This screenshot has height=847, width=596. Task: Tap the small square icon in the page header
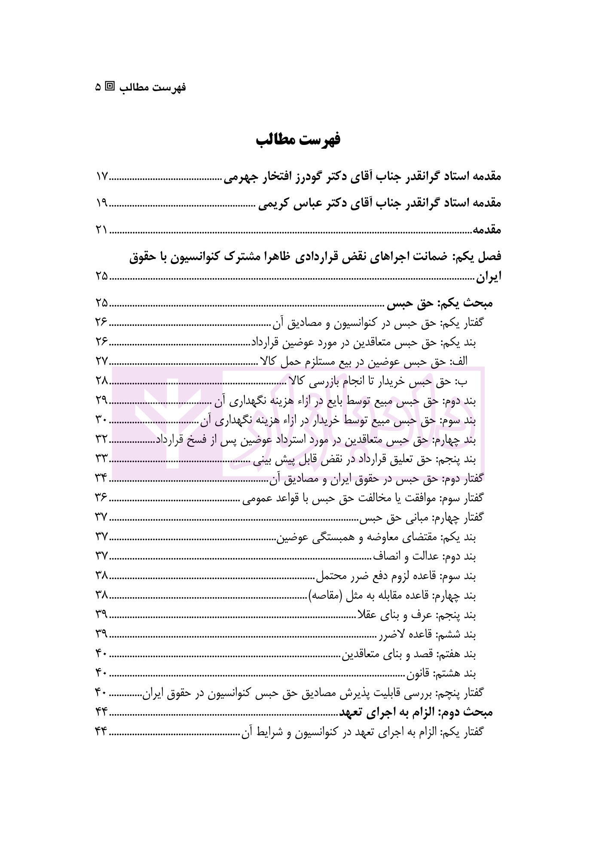pyautogui.click(x=110, y=87)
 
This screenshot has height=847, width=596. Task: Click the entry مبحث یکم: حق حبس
pyautogui.click(x=440, y=304)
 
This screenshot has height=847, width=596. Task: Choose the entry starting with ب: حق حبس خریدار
pyautogui.click(x=378, y=381)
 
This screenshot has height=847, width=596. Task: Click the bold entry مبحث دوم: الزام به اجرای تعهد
pyautogui.click(x=416, y=712)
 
